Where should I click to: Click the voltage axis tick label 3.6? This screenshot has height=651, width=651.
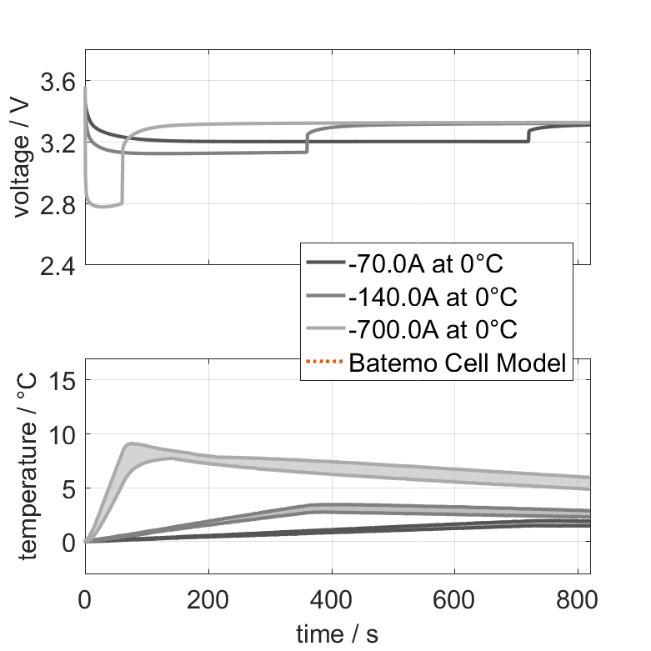[x=58, y=82]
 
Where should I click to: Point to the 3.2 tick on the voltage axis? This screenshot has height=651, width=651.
[x=58, y=143]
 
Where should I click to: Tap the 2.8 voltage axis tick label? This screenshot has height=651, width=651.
[x=58, y=204]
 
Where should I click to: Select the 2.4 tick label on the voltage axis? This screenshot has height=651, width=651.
[x=58, y=266]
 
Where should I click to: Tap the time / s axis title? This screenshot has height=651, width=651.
[x=337, y=634]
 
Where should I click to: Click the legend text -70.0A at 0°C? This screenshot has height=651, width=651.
[x=426, y=265]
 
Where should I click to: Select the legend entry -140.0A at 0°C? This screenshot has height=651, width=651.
[x=432, y=297]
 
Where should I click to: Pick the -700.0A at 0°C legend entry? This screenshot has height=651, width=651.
[x=432, y=329]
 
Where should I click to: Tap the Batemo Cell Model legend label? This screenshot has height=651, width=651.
[x=458, y=363]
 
